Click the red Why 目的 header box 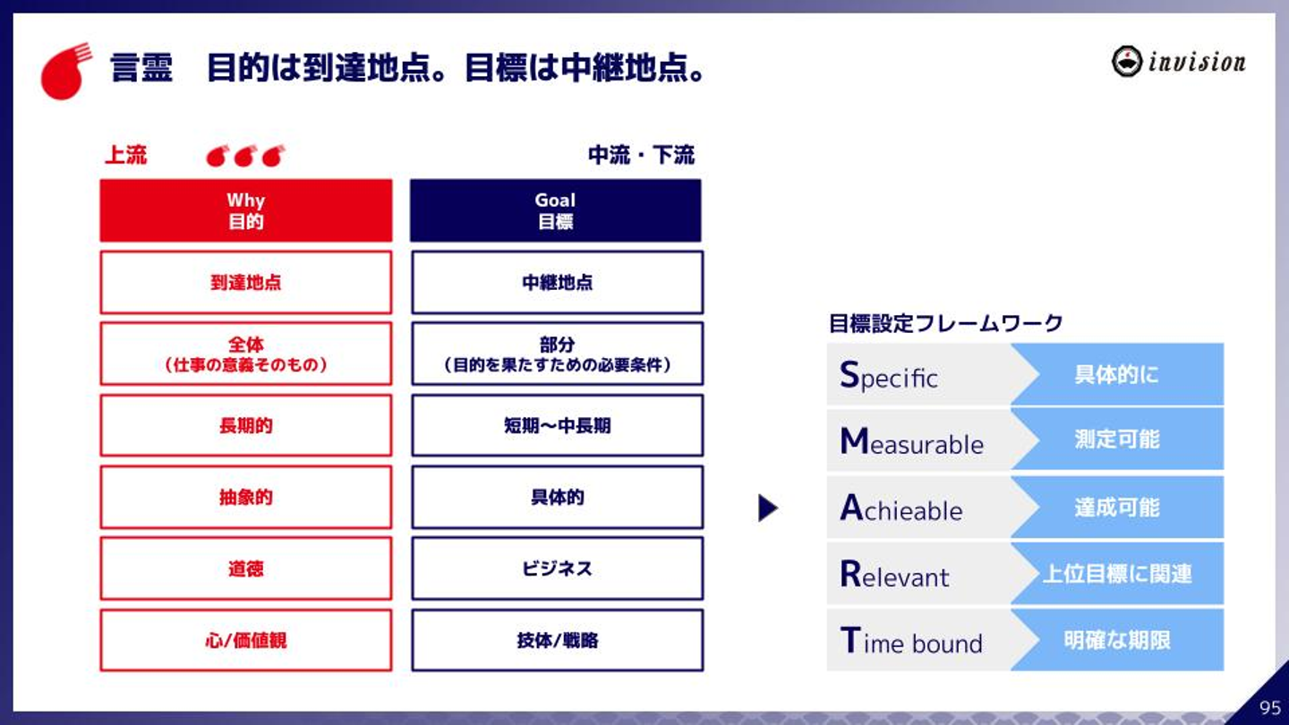point(245,210)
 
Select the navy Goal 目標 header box point(555,210)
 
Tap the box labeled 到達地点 point(245,282)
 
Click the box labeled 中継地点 point(557,282)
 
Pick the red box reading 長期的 point(245,425)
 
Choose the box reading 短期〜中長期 point(557,425)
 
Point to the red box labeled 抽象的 point(245,497)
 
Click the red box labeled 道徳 point(245,568)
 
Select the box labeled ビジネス point(557,568)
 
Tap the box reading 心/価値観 point(245,640)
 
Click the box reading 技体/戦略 point(557,640)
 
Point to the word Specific point(889,376)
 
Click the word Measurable point(911,441)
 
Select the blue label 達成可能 point(1117,507)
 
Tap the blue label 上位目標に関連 point(1117,574)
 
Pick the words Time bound point(911,641)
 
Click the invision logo point(1179,61)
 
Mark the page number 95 point(1270,707)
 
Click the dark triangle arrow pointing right point(768,508)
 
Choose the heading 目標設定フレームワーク point(945,323)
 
